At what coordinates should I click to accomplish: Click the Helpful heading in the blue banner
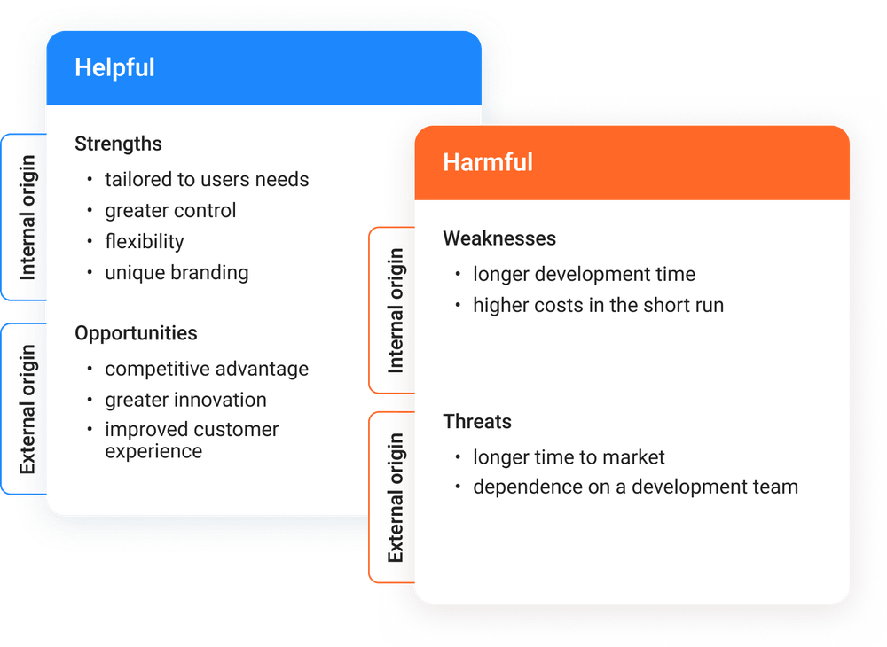click(x=114, y=67)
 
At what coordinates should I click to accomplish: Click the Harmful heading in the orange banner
click(x=488, y=162)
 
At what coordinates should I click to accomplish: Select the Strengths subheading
click(x=118, y=144)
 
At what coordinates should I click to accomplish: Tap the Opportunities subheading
click(x=136, y=333)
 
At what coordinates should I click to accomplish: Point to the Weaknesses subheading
click(x=499, y=238)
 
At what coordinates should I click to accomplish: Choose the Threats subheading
click(x=477, y=421)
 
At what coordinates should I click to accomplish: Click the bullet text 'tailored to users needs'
click(x=207, y=180)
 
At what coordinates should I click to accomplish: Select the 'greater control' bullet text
click(x=170, y=211)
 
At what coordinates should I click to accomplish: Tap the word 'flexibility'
click(x=145, y=242)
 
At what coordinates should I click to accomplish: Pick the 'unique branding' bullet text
click(x=177, y=273)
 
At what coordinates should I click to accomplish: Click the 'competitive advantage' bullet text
click(x=207, y=369)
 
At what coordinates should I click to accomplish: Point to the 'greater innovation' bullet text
click(x=185, y=400)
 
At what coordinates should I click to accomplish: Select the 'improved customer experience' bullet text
click(x=192, y=440)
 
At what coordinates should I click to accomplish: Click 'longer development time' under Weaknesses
click(x=584, y=275)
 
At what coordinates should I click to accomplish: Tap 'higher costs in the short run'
click(x=598, y=306)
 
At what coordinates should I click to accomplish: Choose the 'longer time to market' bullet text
click(x=569, y=457)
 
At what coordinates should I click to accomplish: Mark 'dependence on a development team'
click(x=635, y=487)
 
